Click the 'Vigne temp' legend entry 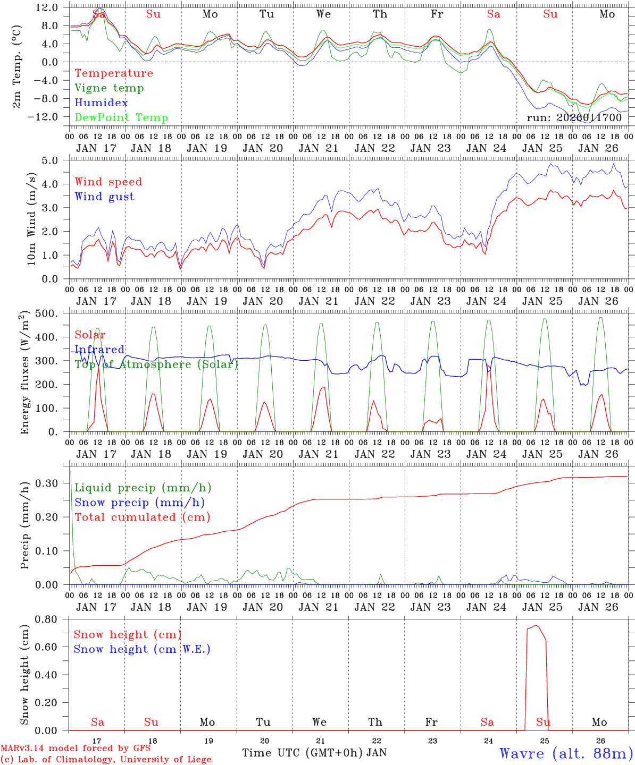[109, 88]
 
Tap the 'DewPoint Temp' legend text [121, 118]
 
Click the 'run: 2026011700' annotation [574, 117]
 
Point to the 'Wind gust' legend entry [104, 197]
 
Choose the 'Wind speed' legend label [108, 182]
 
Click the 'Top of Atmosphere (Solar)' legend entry [156, 364]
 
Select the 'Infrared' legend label [99, 350]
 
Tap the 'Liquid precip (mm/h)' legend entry [143, 488]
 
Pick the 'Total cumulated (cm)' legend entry [143, 517]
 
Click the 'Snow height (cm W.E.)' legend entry [142, 649]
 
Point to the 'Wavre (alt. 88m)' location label [566, 753]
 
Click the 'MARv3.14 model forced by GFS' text [76, 749]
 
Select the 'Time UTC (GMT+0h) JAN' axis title [314, 753]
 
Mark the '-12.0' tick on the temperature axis [47, 117]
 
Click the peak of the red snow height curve [537, 625]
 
